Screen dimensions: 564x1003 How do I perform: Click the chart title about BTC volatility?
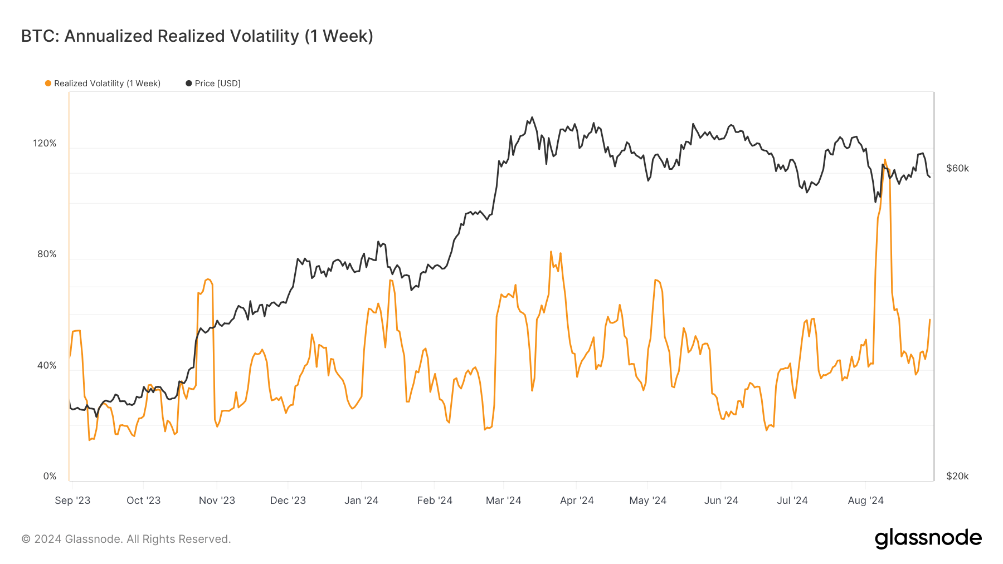(x=197, y=36)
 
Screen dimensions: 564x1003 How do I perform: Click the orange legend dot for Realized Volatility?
(x=48, y=84)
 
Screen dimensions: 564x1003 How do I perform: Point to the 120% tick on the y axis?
(x=45, y=143)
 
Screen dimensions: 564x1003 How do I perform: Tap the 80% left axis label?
(x=47, y=254)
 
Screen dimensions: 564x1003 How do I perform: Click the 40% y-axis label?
(x=47, y=365)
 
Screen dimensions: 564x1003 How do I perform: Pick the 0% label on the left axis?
(x=50, y=476)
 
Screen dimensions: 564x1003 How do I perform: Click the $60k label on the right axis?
(x=957, y=168)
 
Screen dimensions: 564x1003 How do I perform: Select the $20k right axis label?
(x=957, y=476)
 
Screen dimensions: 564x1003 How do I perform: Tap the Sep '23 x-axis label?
(x=72, y=500)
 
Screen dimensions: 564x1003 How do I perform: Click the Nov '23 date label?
(x=217, y=500)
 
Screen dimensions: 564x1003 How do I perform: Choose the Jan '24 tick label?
(x=361, y=500)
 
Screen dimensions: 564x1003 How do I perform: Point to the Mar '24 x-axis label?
(x=503, y=500)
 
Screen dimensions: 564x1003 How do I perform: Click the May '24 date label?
(x=647, y=500)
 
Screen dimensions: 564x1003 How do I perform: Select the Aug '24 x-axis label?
(x=865, y=500)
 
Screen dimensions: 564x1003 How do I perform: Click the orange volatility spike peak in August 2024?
(x=885, y=160)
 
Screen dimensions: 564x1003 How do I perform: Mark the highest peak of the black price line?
(x=532, y=117)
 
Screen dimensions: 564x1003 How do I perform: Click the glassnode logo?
(x=928, y=538)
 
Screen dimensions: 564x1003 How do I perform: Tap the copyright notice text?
(x=126, y=539)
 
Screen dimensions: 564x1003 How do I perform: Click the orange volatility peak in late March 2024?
(x=551, y=252)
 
